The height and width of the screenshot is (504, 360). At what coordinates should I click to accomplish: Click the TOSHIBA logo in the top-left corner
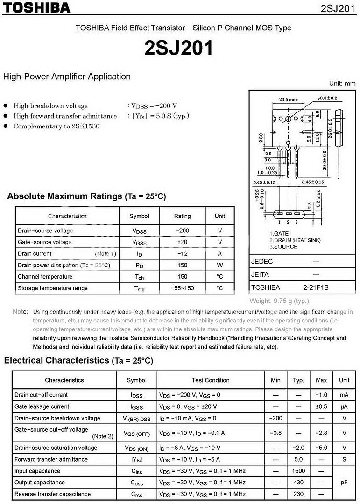click(x=36, y=7)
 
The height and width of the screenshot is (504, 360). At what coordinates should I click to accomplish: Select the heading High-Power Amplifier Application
click(x=67, y=77)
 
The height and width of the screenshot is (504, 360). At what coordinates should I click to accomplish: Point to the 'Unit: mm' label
click(x=342, y=84)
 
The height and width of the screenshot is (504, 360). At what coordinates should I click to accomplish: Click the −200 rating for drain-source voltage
click(x=182, y=231)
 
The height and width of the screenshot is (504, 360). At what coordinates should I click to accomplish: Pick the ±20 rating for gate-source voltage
click(x=182, y=242)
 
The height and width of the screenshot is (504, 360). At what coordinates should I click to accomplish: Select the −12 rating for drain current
click(x=182, y=253)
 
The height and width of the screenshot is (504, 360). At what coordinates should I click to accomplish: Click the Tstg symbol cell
click(x=139, y=288)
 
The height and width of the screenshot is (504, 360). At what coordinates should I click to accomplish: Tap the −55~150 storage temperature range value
click(x=182, y=288)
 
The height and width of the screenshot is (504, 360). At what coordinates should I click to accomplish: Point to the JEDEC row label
click(x=262, y=261)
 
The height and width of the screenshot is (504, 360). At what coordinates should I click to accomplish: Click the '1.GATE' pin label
click(x=279, y=233)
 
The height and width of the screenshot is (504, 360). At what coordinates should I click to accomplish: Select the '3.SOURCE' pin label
click(x=283, y=247)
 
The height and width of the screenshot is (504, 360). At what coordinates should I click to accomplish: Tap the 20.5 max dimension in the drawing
click(x=289, y=99)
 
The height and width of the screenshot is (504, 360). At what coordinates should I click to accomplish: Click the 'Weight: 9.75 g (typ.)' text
click(x=279, y=301)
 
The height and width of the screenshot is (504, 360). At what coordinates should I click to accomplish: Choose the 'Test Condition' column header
click(x=211, y=380)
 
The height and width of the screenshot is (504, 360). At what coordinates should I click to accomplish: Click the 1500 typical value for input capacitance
click(x=298, y=471)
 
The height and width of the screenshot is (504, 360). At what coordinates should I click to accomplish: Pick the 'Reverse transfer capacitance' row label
click(x=52, y=494)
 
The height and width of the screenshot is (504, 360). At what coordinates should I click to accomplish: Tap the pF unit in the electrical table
click(x=344, y=483)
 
